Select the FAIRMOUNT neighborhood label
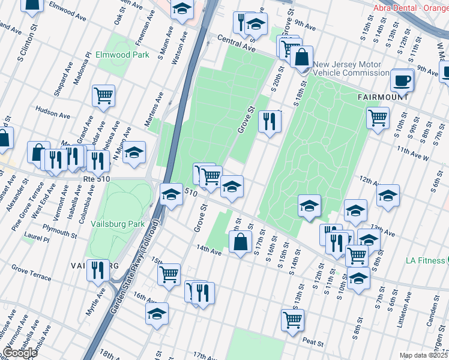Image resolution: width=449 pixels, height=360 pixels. (x=383, y=97)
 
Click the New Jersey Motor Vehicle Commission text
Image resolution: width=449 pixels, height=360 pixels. (x=351, y=68)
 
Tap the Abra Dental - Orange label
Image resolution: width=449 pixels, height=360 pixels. (x=411, y=8)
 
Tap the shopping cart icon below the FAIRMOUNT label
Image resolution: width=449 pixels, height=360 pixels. (x=378, y=117)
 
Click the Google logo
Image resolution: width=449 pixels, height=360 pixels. (x=20, y=353)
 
